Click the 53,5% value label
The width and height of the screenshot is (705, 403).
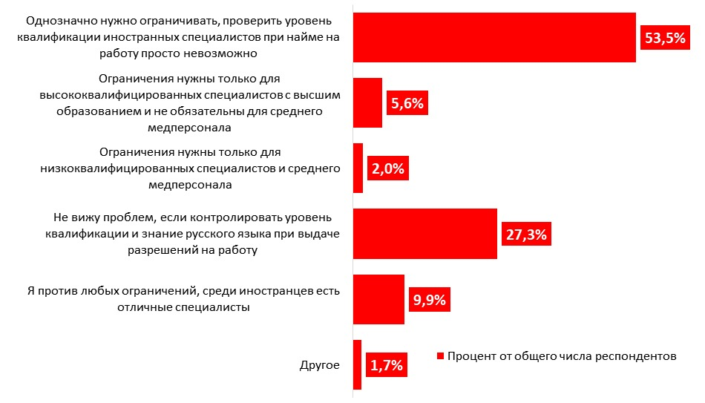[664, 38]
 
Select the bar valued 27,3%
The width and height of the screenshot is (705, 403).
[424, 234]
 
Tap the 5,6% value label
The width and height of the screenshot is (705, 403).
[407, 103]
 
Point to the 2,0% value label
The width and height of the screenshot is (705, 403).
[388, 168]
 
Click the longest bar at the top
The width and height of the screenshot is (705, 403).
[494, 37]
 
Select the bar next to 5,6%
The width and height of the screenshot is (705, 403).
[367, 102]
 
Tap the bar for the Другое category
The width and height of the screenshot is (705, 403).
[357, 364]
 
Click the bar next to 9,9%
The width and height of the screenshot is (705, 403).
[378, 299]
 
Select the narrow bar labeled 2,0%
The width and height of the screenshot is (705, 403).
[358, 168]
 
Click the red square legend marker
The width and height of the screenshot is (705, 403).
[440, 356]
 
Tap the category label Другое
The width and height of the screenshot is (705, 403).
[320, 365]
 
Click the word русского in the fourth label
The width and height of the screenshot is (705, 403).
[201, 234]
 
